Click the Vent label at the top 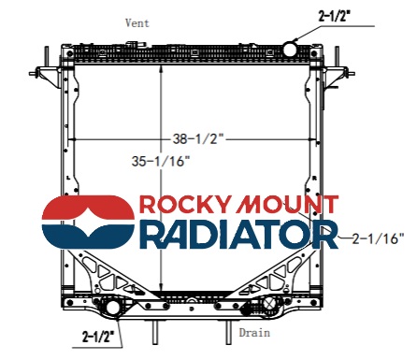click(137, 23)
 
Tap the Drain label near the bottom click(254, 333)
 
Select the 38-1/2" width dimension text click(198, 138)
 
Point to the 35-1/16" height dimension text click(161, 161)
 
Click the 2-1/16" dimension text click(378, 238)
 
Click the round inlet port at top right click(290, 48)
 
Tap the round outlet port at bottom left click(112, 308)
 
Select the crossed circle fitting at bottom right click(269, 303)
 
